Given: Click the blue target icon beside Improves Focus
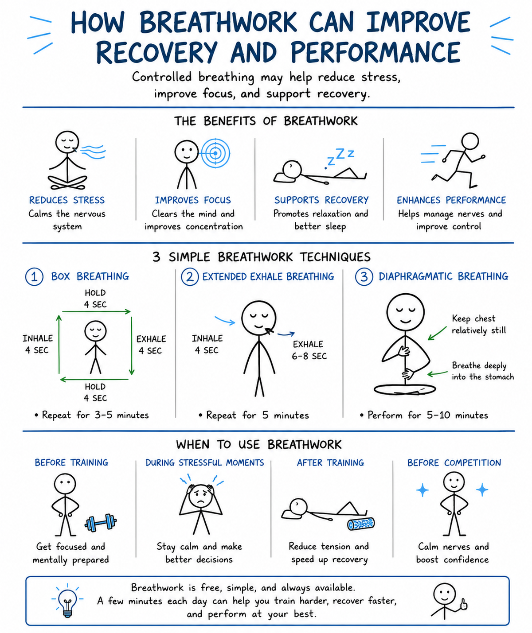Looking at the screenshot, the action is [x=215, y=153].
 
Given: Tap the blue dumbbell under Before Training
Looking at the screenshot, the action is [x=101, y=522].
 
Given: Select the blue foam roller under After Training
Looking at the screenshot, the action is [x=361, y=524].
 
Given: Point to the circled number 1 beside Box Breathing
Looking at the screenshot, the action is [x=34, y=277].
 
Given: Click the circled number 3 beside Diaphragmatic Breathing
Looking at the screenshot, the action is [x=364, y=277].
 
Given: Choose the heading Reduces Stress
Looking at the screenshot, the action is [x=67, y=200].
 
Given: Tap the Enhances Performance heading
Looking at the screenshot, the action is [x=451, y=200].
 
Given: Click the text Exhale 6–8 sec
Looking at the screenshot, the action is [x=309, y=350].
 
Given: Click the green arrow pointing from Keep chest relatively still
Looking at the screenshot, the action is [x=437, y=333].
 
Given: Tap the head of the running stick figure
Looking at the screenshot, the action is [x=470, y=142].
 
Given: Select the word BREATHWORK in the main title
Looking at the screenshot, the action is [x=219, y=22].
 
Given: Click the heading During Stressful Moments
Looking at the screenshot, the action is [x=205, y=462].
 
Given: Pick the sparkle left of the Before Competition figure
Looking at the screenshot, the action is [x=422, y=490].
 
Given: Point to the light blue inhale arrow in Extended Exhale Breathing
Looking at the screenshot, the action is [x=225, y=320].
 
